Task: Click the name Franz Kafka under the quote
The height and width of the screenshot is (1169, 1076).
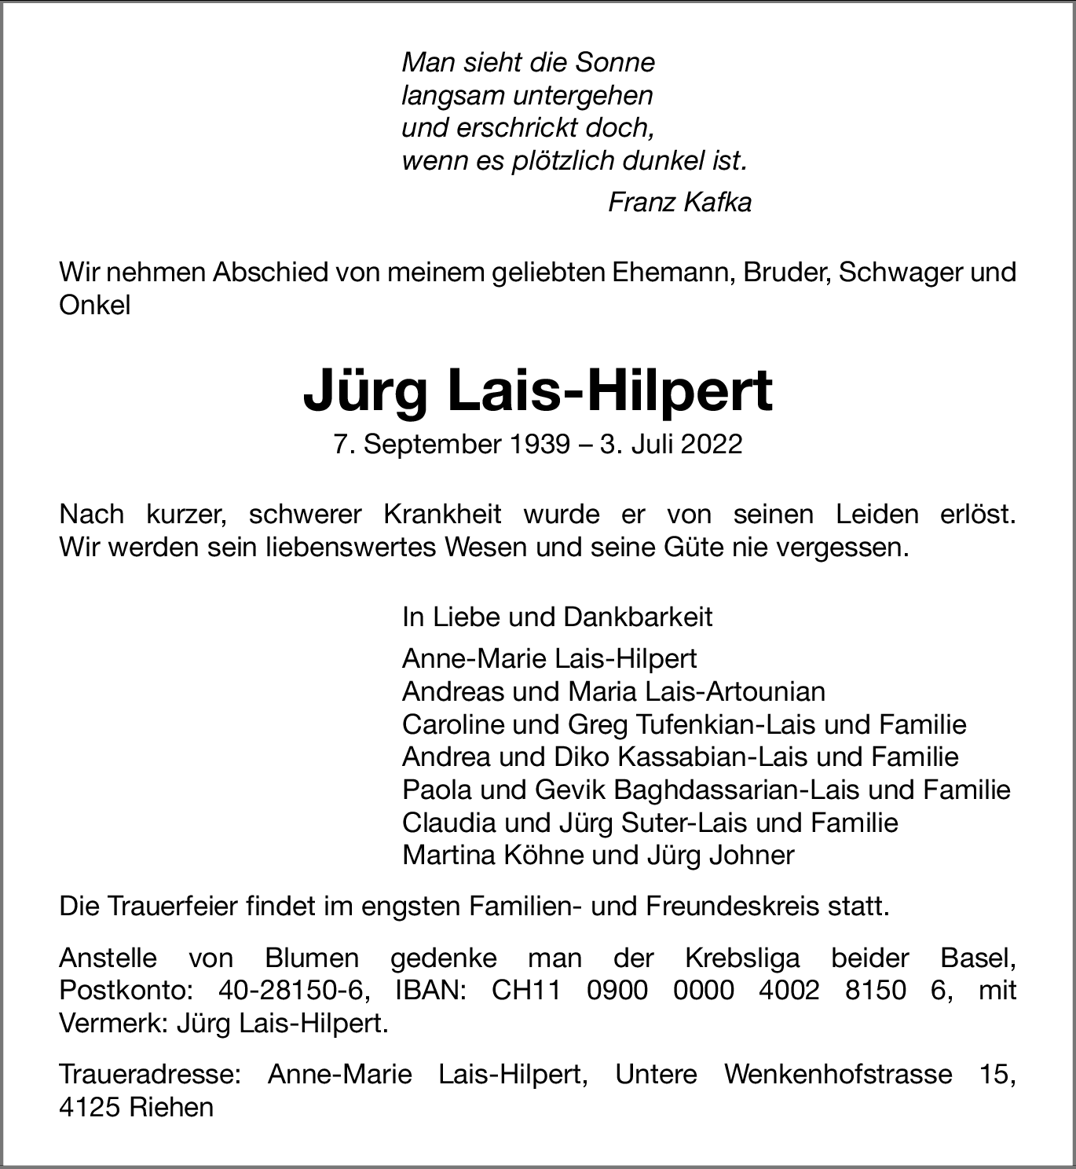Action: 679,203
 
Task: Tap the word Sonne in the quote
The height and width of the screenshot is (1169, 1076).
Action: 616,63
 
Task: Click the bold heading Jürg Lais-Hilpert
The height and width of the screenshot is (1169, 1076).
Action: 538,391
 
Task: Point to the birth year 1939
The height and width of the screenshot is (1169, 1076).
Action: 540,445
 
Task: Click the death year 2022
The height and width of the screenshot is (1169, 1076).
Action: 711,445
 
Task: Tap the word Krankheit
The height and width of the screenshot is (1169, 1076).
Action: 442,515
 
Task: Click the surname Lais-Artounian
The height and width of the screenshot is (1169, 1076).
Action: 735,691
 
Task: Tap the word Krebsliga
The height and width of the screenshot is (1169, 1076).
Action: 742,958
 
